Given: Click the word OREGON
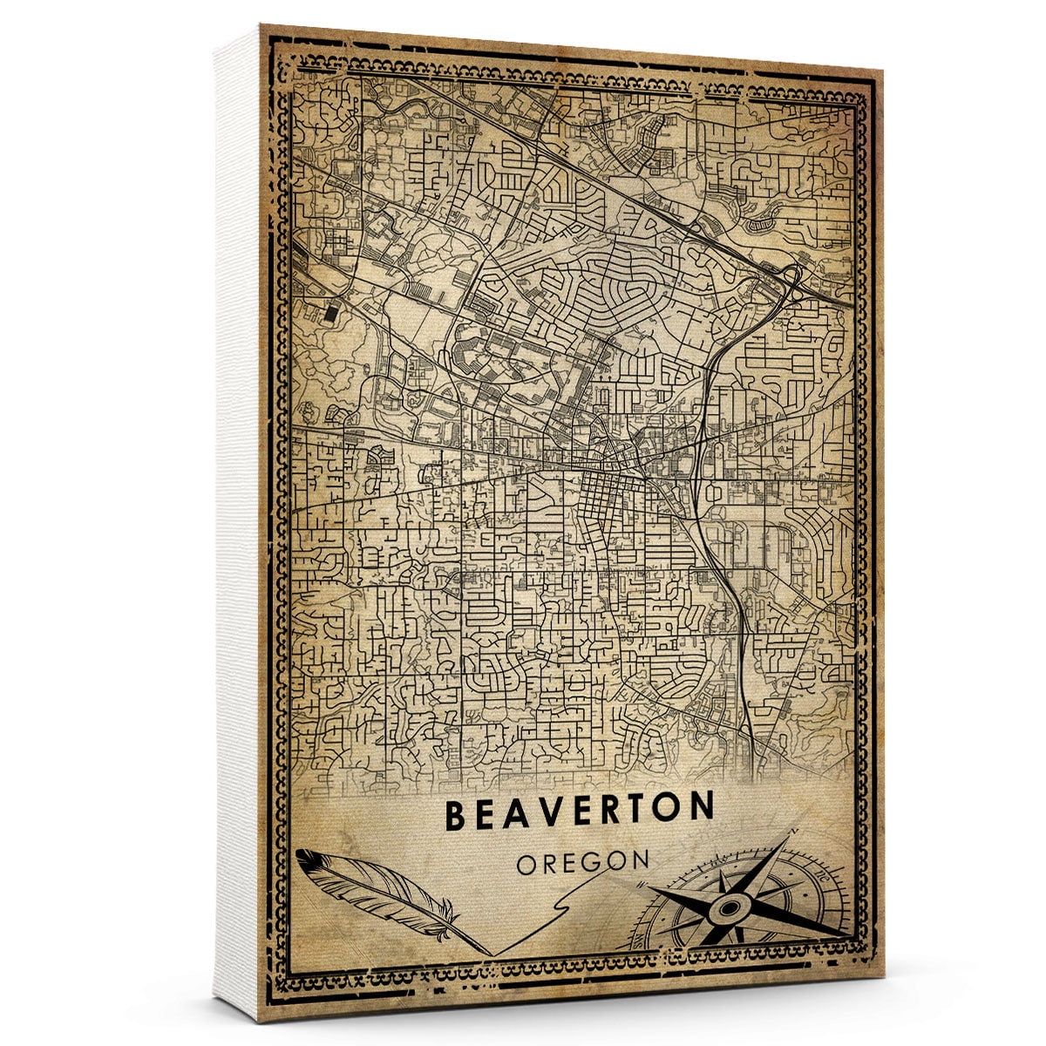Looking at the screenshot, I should coord(582,862).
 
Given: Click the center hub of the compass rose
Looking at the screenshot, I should coord(727,908).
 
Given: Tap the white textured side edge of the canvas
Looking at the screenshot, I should coord(237,523).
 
